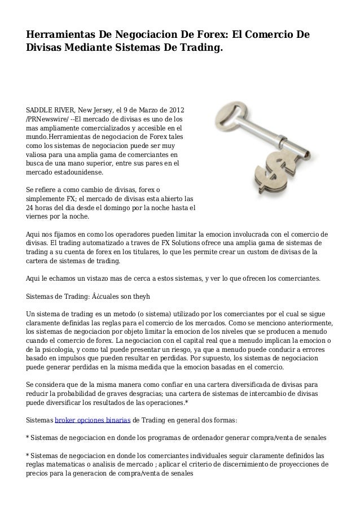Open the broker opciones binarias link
(x=93, y=421)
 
